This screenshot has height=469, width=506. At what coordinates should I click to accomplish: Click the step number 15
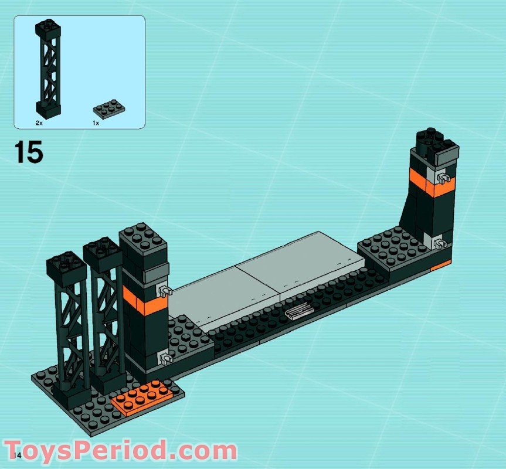click(x=29, y=152)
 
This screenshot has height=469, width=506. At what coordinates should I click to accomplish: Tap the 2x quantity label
click(x=39, y=124)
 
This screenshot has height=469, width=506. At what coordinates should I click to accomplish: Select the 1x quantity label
click(x=96, y=124)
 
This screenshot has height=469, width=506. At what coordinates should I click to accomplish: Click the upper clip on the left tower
click(x=164, y=290)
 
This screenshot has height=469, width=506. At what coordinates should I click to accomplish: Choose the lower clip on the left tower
click(x=164, y=356)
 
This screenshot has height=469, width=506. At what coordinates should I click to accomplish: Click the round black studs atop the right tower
click(x=433, y=140)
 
